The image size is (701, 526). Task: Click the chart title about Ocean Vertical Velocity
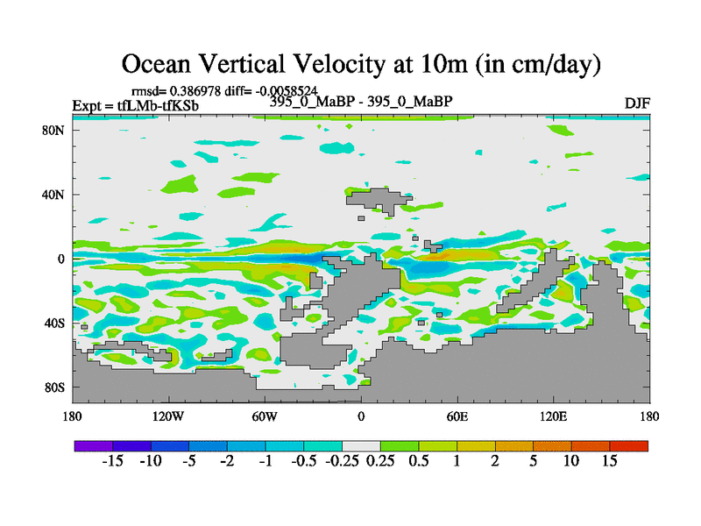point(360,63)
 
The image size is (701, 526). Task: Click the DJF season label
point(636,103)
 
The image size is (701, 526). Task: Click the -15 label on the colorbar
point(112,462)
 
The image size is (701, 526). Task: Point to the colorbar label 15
point(610,462)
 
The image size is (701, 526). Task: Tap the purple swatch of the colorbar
point(93,446)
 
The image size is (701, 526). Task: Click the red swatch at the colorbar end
point(629,446)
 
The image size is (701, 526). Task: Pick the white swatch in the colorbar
point(361,446)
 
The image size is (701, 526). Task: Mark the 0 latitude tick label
point(62,259)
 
